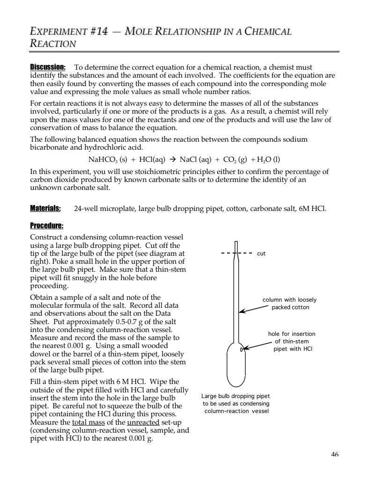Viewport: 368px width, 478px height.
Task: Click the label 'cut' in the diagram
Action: point(261,253)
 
